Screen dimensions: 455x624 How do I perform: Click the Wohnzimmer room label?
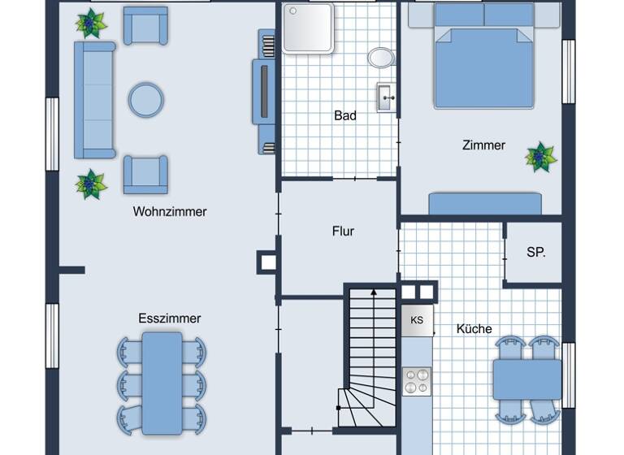[x=170, y=212]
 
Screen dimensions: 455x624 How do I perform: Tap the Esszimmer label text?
[x=169, y=318]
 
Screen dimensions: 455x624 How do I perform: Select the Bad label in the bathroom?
[x=345, y=116]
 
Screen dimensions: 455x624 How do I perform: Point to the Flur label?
[x=343, y=232]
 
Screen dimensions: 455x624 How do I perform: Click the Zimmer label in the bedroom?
[x=483, y=145]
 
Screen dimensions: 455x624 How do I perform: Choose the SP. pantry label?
[x=535, y=253]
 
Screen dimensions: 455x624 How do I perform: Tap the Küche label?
[x=474, y=329]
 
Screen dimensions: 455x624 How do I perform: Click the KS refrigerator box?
[x=417, y=320]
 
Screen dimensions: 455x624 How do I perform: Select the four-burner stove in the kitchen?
[x=417, y=381]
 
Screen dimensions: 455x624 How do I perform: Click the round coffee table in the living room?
[x=146, y=100]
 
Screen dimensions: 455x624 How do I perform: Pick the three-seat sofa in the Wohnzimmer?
[x=94, y=99]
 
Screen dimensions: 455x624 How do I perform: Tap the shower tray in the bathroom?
[x=308, y=28]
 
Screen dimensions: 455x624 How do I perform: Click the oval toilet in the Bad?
[x=380, y=57]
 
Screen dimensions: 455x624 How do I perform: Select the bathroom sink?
[x=385, y=97]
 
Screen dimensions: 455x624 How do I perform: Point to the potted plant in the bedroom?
[x=540, y=157]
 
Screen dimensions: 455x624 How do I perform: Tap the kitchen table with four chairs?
[x=526, y=379]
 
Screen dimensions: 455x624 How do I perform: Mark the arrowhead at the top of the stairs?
[x=373, y=290]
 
